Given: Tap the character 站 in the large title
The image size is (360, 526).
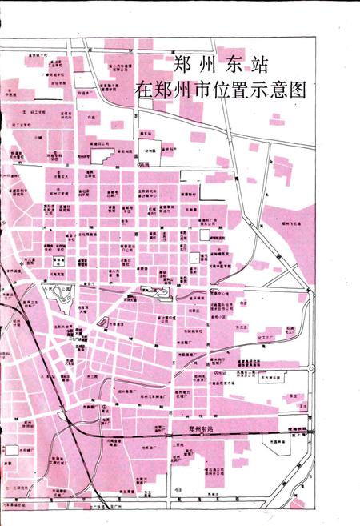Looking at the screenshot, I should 257,62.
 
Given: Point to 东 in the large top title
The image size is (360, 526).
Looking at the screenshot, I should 233,62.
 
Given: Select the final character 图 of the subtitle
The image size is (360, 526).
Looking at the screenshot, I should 297,87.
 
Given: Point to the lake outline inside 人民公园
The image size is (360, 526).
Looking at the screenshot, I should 62,301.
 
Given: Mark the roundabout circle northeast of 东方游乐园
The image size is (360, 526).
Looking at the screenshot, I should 311,369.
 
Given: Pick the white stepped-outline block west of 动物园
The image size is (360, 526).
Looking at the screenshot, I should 149,147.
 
